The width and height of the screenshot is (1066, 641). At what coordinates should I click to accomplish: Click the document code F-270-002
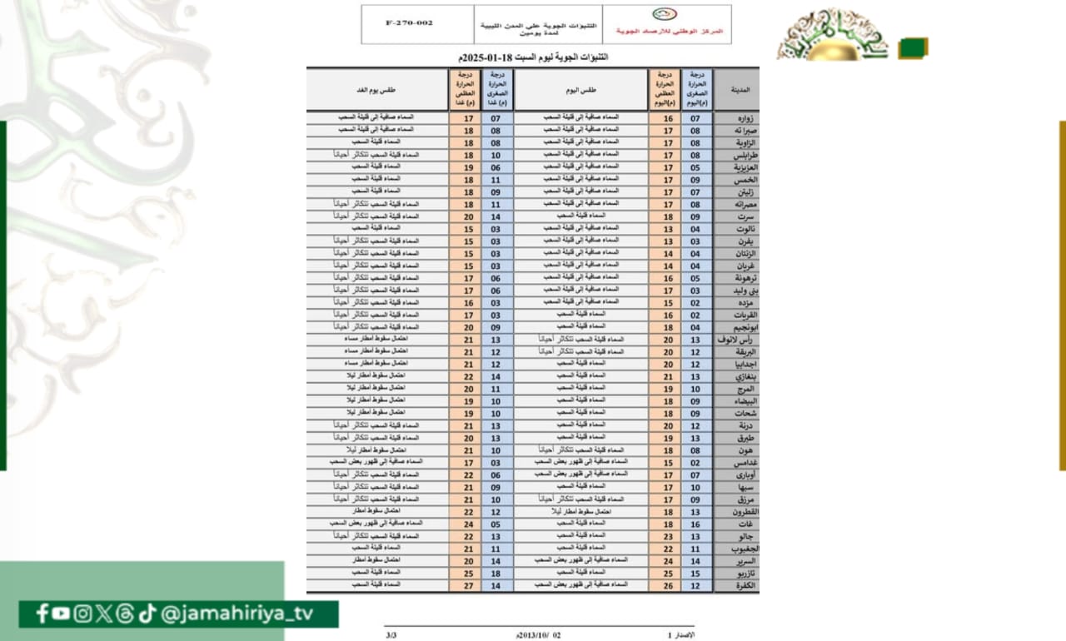tap(409, 23)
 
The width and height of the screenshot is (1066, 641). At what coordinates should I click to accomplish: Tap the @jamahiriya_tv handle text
tap(247, 614)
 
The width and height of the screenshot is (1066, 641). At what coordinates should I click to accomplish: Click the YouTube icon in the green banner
tap(61, 614)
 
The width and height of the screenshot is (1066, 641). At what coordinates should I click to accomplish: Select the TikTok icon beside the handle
tap(147, 614)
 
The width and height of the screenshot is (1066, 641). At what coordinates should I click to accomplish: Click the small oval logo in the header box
tap(664, 14)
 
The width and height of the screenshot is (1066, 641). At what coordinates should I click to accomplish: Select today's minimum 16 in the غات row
tap(695, 524)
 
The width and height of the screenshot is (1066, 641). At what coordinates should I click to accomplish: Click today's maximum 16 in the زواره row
tap(667, 118)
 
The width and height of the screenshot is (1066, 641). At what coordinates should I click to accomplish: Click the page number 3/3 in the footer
tap(391, 635)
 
